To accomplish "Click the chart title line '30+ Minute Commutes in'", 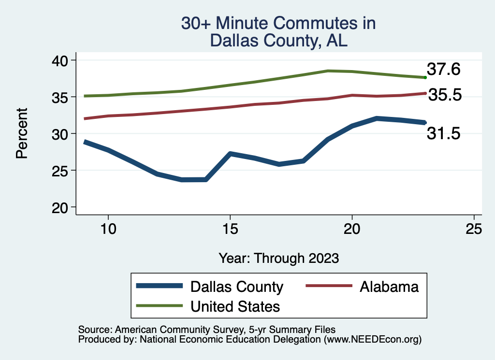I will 278,23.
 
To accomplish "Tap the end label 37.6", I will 443,70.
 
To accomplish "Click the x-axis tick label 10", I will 108,229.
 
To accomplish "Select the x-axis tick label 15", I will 230,229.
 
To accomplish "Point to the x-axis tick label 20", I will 352,229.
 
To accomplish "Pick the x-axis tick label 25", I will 474,229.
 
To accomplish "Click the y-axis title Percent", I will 22,134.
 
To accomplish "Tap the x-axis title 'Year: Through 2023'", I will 278,258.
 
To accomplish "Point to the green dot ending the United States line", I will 425,77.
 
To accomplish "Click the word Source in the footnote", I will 94,330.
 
